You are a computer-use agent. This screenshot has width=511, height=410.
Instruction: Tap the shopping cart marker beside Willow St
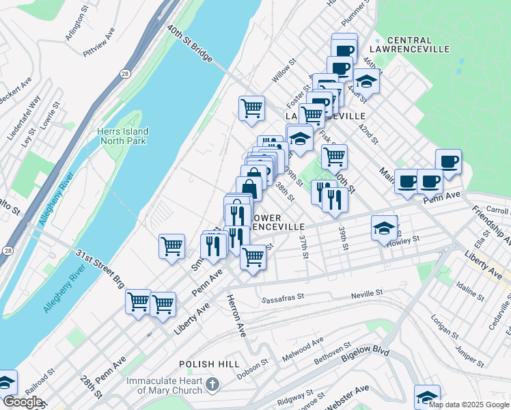[251, 108]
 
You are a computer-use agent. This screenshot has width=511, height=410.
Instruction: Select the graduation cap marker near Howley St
[384, 228]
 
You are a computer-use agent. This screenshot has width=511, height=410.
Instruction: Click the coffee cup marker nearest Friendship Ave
[448, 162]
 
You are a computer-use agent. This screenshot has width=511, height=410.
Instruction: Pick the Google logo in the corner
[22, 402]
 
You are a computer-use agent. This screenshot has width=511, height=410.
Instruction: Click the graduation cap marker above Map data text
[427, 396]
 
